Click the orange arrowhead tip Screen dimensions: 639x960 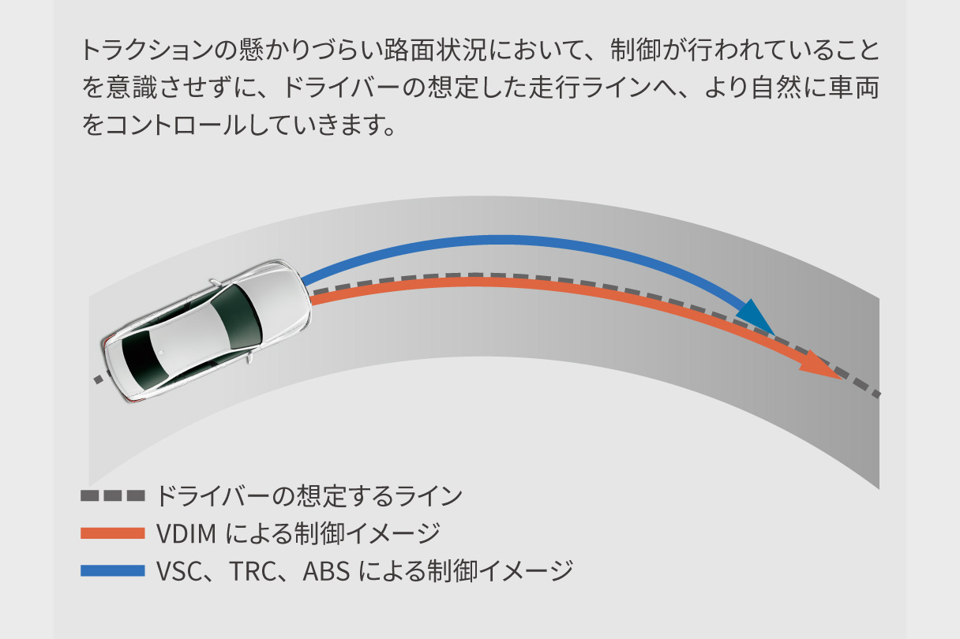[x=842, y=378]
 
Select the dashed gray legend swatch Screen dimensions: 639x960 [x=113, y=496]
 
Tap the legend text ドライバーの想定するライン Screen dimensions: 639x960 [x=308, y=496]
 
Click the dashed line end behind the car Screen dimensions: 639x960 [x=97, y=379]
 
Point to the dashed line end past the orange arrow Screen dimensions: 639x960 [x=876, y=394]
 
